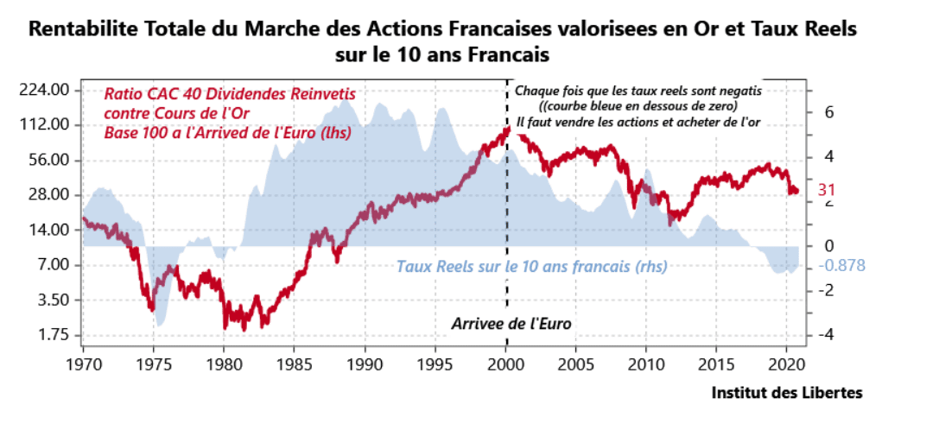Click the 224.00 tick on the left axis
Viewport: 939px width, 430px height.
pyautogui.click(x=43, y=90)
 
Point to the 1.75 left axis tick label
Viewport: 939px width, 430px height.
pyautogui.click(x=49, y=335)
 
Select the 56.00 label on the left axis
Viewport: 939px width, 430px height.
pyautogui.click(x=47, y=160)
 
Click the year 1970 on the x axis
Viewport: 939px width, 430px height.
pyautogui.click(x=83, y=361)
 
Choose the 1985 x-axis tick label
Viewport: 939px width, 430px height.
pyautogui.click(x=295, y=361)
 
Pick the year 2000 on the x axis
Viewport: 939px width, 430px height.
pyautogui.click(x=506, y=361)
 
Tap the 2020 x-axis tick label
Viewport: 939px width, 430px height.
pyautogui.click(x=788, y=361)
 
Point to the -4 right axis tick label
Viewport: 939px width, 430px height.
pyautogui.click(x=825, y=335)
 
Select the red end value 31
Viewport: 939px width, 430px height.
pyautogui.click(x=827, y=190)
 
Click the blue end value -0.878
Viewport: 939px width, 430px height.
pyautogui.click(x=841, y=265)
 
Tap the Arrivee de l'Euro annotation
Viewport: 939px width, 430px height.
pyautogui.click(x=512, y=324)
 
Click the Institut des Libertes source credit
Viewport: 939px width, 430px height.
pyautogui.click(x=786, y=393)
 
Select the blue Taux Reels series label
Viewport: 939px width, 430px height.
pyautogui.click(x=531, y=267)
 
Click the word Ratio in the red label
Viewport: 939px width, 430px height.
pyautogui.click(x=122, y=94)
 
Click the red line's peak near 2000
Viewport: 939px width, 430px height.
pyautogui.click(x=507, y=130)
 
